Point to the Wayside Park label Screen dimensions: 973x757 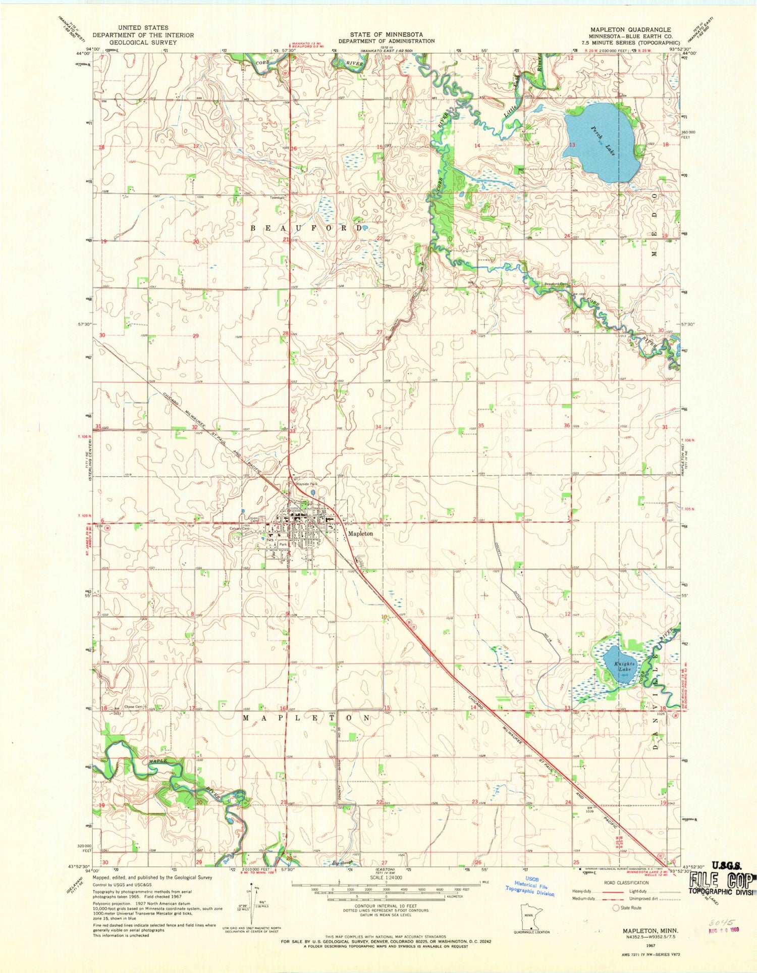click(306, 484)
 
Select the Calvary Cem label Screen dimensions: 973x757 click(240, 529)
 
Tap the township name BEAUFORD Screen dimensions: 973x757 click(306, 228)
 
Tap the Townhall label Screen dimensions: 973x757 click(277, 197)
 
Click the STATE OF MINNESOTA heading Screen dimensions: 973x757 click(386, 34)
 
